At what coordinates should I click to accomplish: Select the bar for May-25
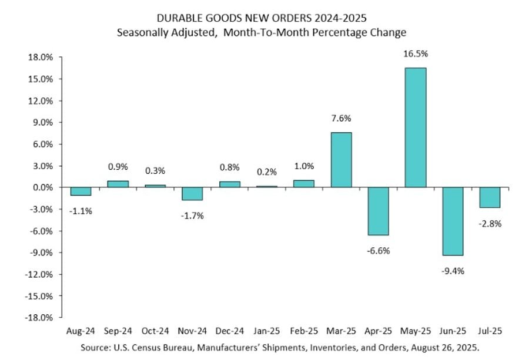tap(415, 127)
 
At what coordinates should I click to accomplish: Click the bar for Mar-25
tap(341, 160)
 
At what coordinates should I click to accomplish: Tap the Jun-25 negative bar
tap(453, 221)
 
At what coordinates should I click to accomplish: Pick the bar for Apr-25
tap(378, 211)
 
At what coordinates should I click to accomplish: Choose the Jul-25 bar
tap(490, 197)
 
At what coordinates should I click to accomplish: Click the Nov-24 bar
tap(192, 194)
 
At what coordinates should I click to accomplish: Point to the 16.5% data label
tap(416, 54)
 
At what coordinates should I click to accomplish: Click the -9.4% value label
tap(453, 271)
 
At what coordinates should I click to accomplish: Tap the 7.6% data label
tap(341, 119)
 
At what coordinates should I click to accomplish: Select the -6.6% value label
tap(378, 251)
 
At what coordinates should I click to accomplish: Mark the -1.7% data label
tap(192, 216)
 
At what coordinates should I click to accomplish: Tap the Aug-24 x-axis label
tap(81, 331)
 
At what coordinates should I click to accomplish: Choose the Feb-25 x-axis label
tap(303, 331)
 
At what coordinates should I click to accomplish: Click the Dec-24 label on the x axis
tap(229, 331)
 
